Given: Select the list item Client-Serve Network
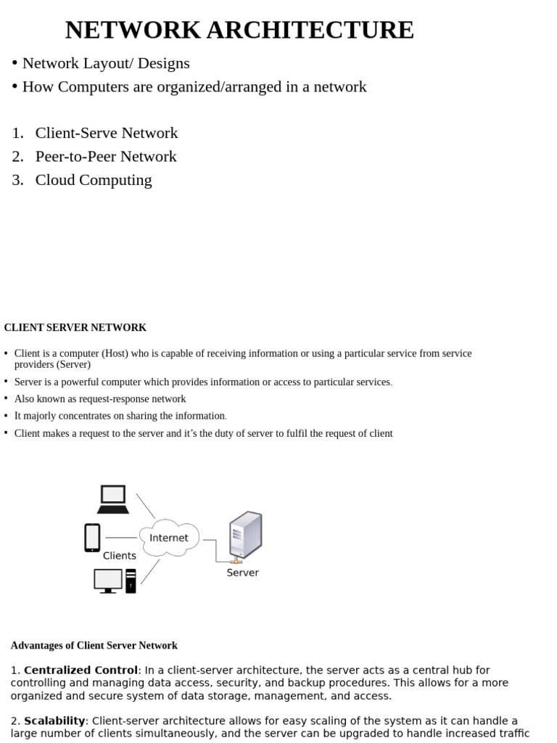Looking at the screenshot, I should (x=106, y=133).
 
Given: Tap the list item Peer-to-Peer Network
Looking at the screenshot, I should (x=105, y=157).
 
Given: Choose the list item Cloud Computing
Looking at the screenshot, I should (x=94, y=180).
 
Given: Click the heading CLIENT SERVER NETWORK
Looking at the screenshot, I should (x=75, y=328).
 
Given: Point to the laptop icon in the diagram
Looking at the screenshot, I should (x=113, y=500).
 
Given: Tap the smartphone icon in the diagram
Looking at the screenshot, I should (x=92, y=538).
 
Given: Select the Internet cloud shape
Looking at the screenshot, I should (x=169, y=538).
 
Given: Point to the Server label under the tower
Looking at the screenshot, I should (x=242, y=572).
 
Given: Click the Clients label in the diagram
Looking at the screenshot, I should (x=120, y=556).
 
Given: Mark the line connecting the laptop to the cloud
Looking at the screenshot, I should (x=145, y=506).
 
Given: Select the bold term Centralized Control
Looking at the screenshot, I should (x=81, y=670).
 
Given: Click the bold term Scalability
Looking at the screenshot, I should (x=55, y=721).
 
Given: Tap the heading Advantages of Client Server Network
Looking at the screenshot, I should (x=94, y=645).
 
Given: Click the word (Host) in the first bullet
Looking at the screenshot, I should (x=117, y=353).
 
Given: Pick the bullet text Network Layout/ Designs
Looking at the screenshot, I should (x=106, y=63).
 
